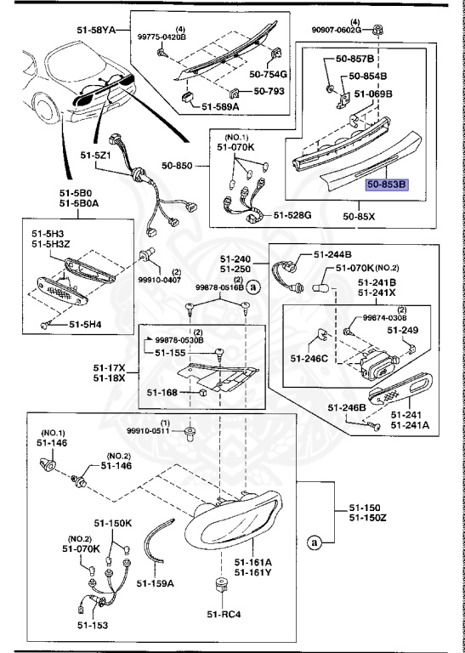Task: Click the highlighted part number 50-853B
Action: pyautogui.click(x=387, y=184)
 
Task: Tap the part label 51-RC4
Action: pyautogui.click(x=224, y=614)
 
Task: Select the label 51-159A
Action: pyautogui.click(x=156, y=583)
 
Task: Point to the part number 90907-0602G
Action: pyautogui.click(x=337, y=30)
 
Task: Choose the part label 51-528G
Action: pyautogui.click(x=292, y=215)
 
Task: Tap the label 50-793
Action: pyautogui.click(x=269, y=91)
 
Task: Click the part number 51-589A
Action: pyautogui.click(x=221, y=106)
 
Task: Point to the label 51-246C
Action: pyautogui.click(x=309, y=358)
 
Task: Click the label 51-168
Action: pyautogui.click(x=162, y=393)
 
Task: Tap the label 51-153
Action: pyautogui.click(x=93, y=625)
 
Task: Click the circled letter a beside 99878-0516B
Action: pyautogui.click(x=252, y=287)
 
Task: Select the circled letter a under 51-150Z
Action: pyautogui.click(x=314, y=542)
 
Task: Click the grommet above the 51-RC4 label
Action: pyautogui.click(x=223, y=587)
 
